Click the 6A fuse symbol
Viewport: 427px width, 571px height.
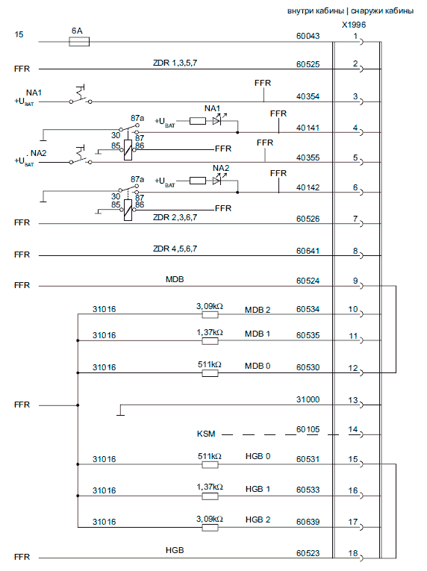tap(79, 42)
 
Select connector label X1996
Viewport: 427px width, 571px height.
tap(353, 25)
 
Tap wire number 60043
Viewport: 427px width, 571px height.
tap(308, 36)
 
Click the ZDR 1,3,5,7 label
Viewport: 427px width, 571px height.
tap(175, 63)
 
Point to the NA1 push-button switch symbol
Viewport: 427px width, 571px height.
tap(81, 96)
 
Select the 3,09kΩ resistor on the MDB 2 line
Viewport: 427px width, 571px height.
tap(211, 315)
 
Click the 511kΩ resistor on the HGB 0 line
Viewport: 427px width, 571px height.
tap(211, 465)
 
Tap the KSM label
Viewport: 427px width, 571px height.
tap(206, 434)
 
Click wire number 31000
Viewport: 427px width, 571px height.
tap(308, 399)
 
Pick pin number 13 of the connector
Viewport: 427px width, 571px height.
tap(352, 400)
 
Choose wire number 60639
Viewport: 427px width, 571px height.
tap(308, 522)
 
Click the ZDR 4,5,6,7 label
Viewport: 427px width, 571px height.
tap(175, 249)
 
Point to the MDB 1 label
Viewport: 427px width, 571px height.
tap(258, 334)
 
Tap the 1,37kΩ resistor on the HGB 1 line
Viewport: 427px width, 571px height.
tap(211, 496)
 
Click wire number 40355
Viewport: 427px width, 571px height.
tap(308, 157)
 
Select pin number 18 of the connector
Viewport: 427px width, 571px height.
tap(352, 553)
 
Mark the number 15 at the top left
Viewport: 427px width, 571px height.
tap(19, 34)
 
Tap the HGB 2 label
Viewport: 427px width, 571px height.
tap(258, 519)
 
